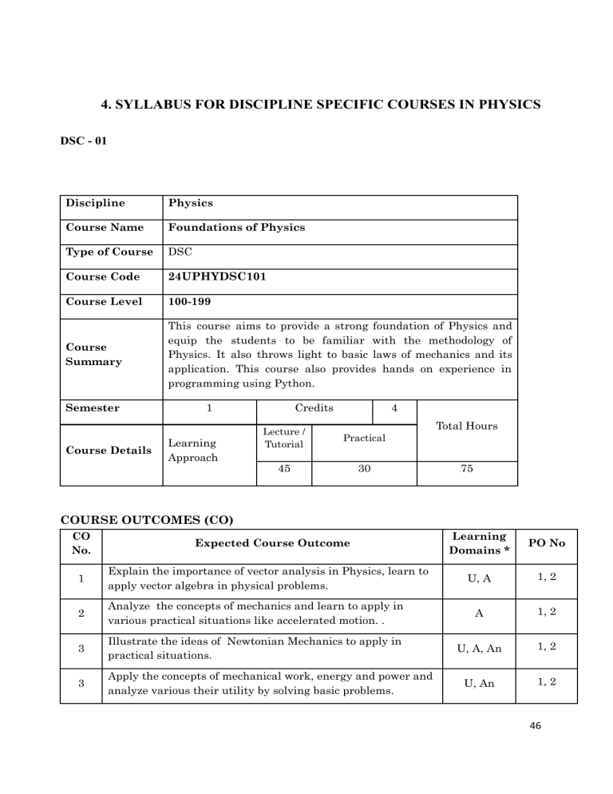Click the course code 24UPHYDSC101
[210, 276]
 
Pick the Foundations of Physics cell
[236, 227]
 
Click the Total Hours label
[467, 426]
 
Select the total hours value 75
[467, 470]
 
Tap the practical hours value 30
[364, 470]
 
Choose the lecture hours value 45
[283, 470]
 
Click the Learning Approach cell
[192, 448]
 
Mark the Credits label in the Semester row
[314, 408]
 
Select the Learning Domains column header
[477, 543]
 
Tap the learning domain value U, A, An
[477, 649]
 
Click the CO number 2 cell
[81, 611]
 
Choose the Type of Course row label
[109, 252]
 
